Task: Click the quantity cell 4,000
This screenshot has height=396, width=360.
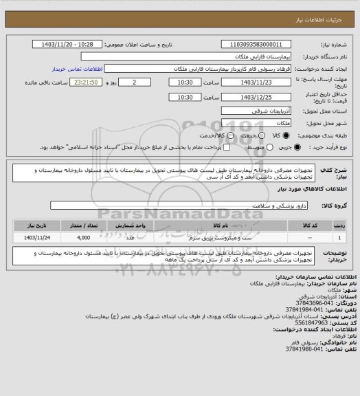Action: coord(84,237)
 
